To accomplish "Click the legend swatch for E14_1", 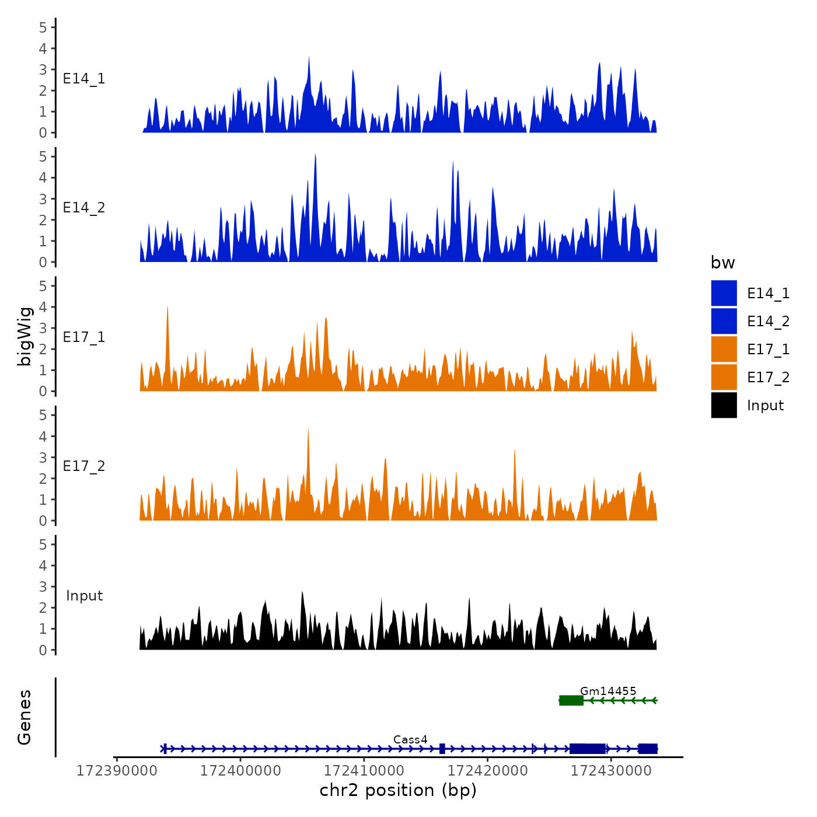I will [x=724, y=293].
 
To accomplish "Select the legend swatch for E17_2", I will [x=724, y=377].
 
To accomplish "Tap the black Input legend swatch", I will [x=724, y=405].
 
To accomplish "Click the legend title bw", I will [x=722, y=263].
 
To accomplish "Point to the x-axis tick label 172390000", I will [x=117, y=771].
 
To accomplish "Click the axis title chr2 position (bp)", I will [x=398, y=791].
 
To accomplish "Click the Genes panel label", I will [x=25, y=717].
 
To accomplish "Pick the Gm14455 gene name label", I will [x=608, y=692].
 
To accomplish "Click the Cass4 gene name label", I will [x=410, y=740].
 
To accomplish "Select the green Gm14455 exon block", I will [x=571, y=700].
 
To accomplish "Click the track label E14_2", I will [x=84, y=208].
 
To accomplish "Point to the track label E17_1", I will [x=84, y=337].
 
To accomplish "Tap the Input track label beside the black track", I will [x=84, y=596].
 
